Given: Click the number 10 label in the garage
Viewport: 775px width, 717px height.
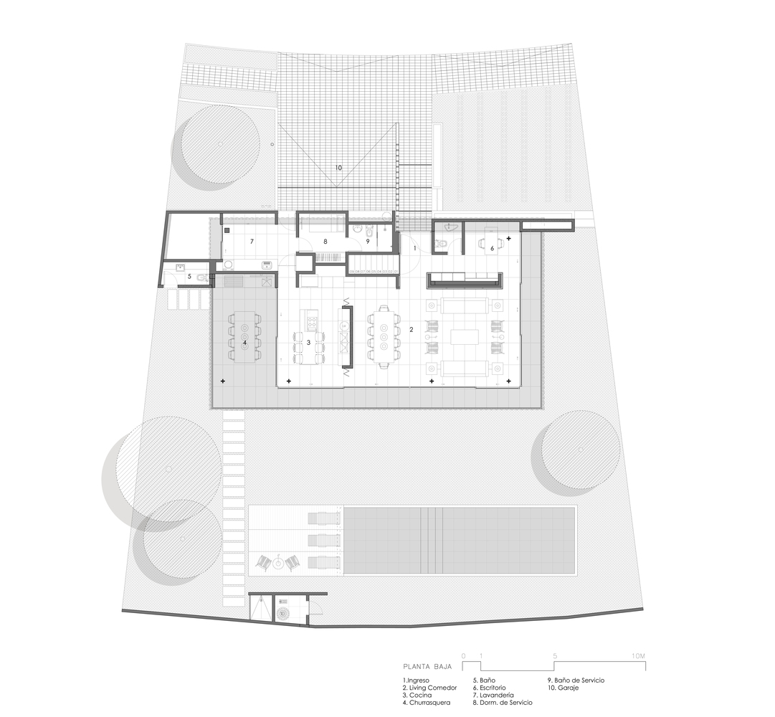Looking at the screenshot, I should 338,168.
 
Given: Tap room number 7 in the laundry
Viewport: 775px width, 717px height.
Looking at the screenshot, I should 252,242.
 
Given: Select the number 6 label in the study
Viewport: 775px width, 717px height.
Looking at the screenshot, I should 492,248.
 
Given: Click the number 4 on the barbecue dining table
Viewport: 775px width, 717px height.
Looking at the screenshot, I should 244,343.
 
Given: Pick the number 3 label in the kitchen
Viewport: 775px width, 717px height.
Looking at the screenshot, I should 308,343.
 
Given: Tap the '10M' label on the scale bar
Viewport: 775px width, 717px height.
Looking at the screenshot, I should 638,656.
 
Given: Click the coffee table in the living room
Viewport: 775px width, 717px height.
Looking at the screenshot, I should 465,338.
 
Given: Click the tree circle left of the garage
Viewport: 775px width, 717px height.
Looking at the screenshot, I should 219,144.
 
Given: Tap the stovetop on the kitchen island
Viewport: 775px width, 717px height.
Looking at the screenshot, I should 312,320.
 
